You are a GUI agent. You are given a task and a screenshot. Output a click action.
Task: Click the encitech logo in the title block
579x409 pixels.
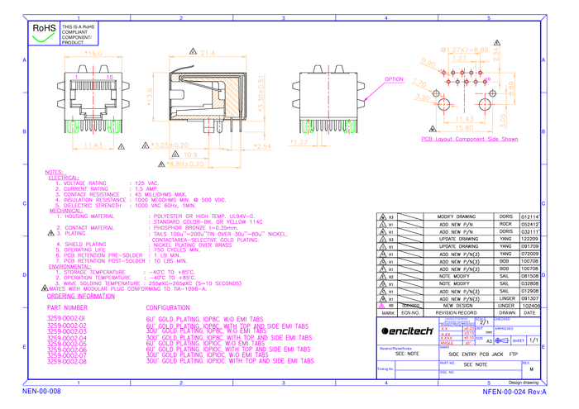coord(407,331)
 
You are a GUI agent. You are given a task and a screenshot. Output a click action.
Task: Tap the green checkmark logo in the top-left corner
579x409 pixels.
coord(44,36)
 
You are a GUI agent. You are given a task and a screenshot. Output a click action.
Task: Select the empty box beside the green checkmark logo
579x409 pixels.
coord(79,33)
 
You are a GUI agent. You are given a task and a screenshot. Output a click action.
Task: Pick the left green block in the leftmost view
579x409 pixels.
coord(73,127)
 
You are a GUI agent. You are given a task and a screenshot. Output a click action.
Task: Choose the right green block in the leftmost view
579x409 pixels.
coord(113,127)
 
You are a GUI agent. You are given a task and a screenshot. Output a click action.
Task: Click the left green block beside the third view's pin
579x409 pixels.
coord(309,127)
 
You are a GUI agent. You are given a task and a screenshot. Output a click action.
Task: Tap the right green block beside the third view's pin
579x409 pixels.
coord(349,127)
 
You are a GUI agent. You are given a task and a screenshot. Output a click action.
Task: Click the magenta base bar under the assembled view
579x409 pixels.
coord(469,139)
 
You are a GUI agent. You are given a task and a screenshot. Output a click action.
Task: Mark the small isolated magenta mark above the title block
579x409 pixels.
coord(382,307)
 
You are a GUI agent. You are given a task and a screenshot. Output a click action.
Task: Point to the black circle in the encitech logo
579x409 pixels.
coord(385,331)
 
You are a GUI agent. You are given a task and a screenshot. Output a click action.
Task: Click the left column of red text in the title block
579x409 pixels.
coord(447,335)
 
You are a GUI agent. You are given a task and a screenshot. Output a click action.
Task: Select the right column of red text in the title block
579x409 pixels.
coord(469,335)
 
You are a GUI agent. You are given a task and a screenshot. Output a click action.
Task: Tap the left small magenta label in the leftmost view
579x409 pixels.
coord(76,77)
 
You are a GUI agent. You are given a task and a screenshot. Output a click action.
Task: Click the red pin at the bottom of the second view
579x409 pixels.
coord(208,129)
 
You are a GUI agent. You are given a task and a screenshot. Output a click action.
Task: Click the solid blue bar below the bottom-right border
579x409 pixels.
coord(514,392)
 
